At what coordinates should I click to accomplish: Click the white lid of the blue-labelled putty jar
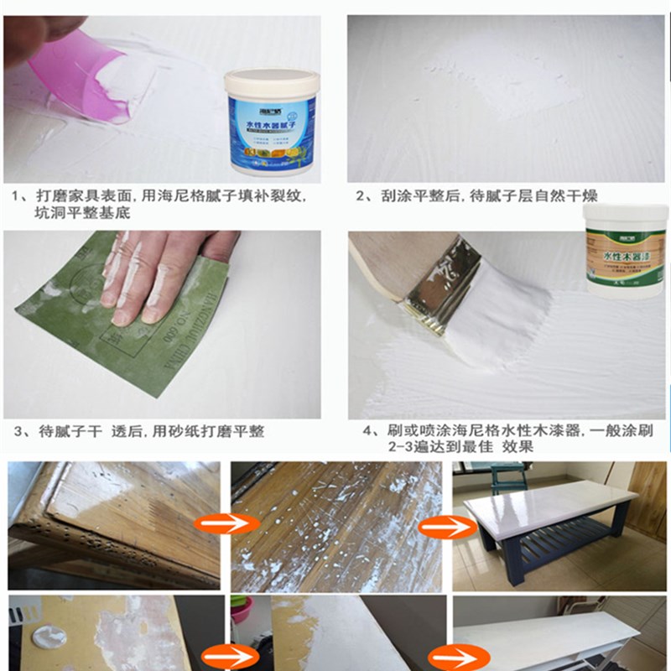270,81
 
